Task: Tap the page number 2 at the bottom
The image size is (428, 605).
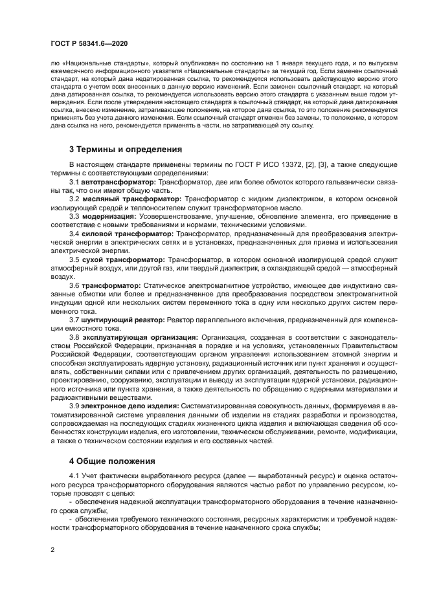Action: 52,549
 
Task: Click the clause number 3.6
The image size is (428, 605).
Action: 74,285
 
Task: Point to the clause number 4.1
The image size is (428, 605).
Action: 74,477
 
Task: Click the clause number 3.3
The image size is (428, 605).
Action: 74,216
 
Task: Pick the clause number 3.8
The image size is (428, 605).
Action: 74,336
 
